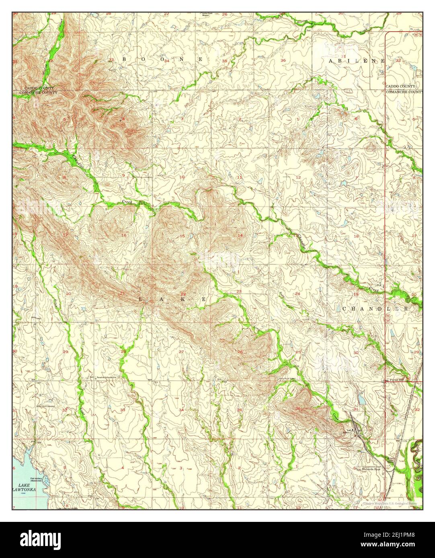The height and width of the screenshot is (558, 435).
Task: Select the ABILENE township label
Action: point(356,61)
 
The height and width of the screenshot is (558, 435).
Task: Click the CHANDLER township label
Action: point(375,309)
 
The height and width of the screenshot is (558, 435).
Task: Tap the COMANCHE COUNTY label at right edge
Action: point(404,92)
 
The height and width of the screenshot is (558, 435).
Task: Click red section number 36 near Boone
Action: point(283,61)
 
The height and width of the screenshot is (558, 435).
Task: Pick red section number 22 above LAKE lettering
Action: point(183,294)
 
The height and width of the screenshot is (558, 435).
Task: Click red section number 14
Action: point(240,235)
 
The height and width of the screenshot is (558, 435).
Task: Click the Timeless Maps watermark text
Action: point(390,503)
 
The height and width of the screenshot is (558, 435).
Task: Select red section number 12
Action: point(298,177)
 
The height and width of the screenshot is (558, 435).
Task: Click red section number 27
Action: point(181,352)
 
